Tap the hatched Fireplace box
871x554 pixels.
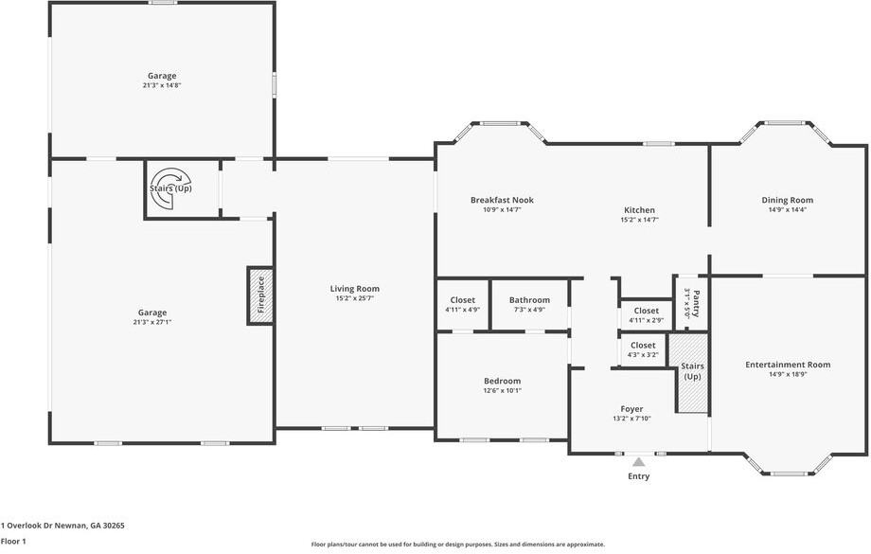pos(260,296)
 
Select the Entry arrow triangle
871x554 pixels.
pos(639,462)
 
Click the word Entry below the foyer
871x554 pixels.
pos(639,476)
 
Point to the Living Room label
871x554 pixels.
pos(354,289)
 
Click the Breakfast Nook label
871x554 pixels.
pos(502,200)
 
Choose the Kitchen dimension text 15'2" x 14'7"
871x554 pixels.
pos(639,221)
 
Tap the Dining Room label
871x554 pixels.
pos(787,200)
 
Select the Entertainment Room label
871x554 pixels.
pos(787,365)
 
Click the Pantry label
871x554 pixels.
pos(696,303)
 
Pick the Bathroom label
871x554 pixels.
pos(529,300)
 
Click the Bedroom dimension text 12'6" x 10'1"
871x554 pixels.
pos(502,390)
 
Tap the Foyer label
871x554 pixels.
pos(631,409)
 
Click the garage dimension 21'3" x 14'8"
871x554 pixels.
pos(161,85)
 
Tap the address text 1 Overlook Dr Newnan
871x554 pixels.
pos(62,525)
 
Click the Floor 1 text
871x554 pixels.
pos(13,541)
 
